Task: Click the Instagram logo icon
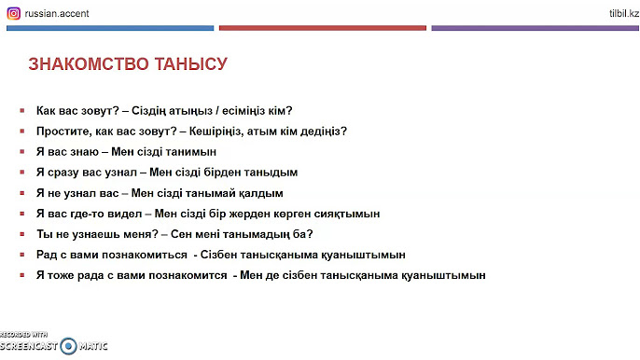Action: (13, 13)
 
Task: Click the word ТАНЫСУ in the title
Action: (195, 65)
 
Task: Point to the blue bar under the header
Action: (110, 29)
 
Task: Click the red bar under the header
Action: (322, 29)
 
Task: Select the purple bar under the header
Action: (535, 29)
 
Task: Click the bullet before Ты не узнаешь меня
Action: (21, 234)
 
